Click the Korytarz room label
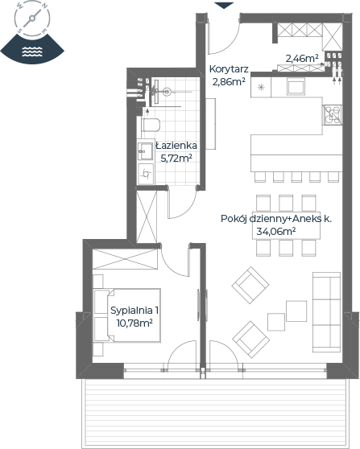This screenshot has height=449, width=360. [x=229, y=69]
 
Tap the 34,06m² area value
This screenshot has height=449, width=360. [x=276, y=231]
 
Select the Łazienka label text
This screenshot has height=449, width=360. [x=176, y=146]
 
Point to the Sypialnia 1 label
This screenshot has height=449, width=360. [x=134, y=311]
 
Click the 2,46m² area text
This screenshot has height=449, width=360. [x=302, y=59]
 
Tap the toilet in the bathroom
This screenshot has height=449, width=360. [x=151, y=125]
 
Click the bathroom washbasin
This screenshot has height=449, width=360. [x=146, y=151]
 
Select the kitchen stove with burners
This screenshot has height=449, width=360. [x=333, y=115]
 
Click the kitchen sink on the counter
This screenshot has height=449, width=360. [x=296, y=88]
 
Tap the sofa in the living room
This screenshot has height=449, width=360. [x=326, y=312]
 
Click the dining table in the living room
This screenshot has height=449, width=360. [x=286, y=225]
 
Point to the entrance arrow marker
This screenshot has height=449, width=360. [x=224, y=6]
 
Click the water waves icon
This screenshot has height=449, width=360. [x=32, y=51]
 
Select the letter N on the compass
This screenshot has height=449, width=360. [x=45, y=6]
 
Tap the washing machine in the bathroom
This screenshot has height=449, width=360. [x=147, y=173]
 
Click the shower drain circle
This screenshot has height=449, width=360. [x=167, y=92]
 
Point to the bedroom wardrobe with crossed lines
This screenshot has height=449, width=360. [x=125, y=259]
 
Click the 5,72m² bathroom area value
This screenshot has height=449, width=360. [x=176, y=158]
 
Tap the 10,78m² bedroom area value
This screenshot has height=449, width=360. [x=134, y=323]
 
